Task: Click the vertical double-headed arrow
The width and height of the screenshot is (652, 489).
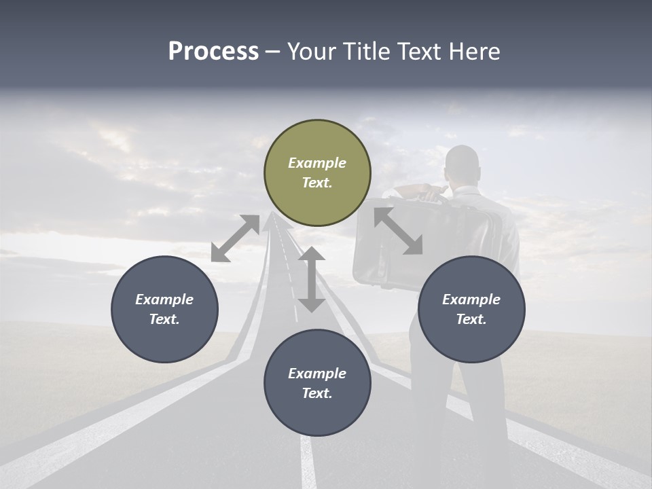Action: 312,279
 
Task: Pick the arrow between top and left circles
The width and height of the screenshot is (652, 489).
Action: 235,238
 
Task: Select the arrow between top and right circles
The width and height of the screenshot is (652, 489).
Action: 398,231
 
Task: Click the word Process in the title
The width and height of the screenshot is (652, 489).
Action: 213,52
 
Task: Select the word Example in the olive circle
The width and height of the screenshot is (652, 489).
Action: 317,163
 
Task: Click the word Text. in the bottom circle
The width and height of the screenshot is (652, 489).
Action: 317,393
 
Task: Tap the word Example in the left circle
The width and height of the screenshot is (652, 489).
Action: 164,300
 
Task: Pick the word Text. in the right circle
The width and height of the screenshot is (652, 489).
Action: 471,319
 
